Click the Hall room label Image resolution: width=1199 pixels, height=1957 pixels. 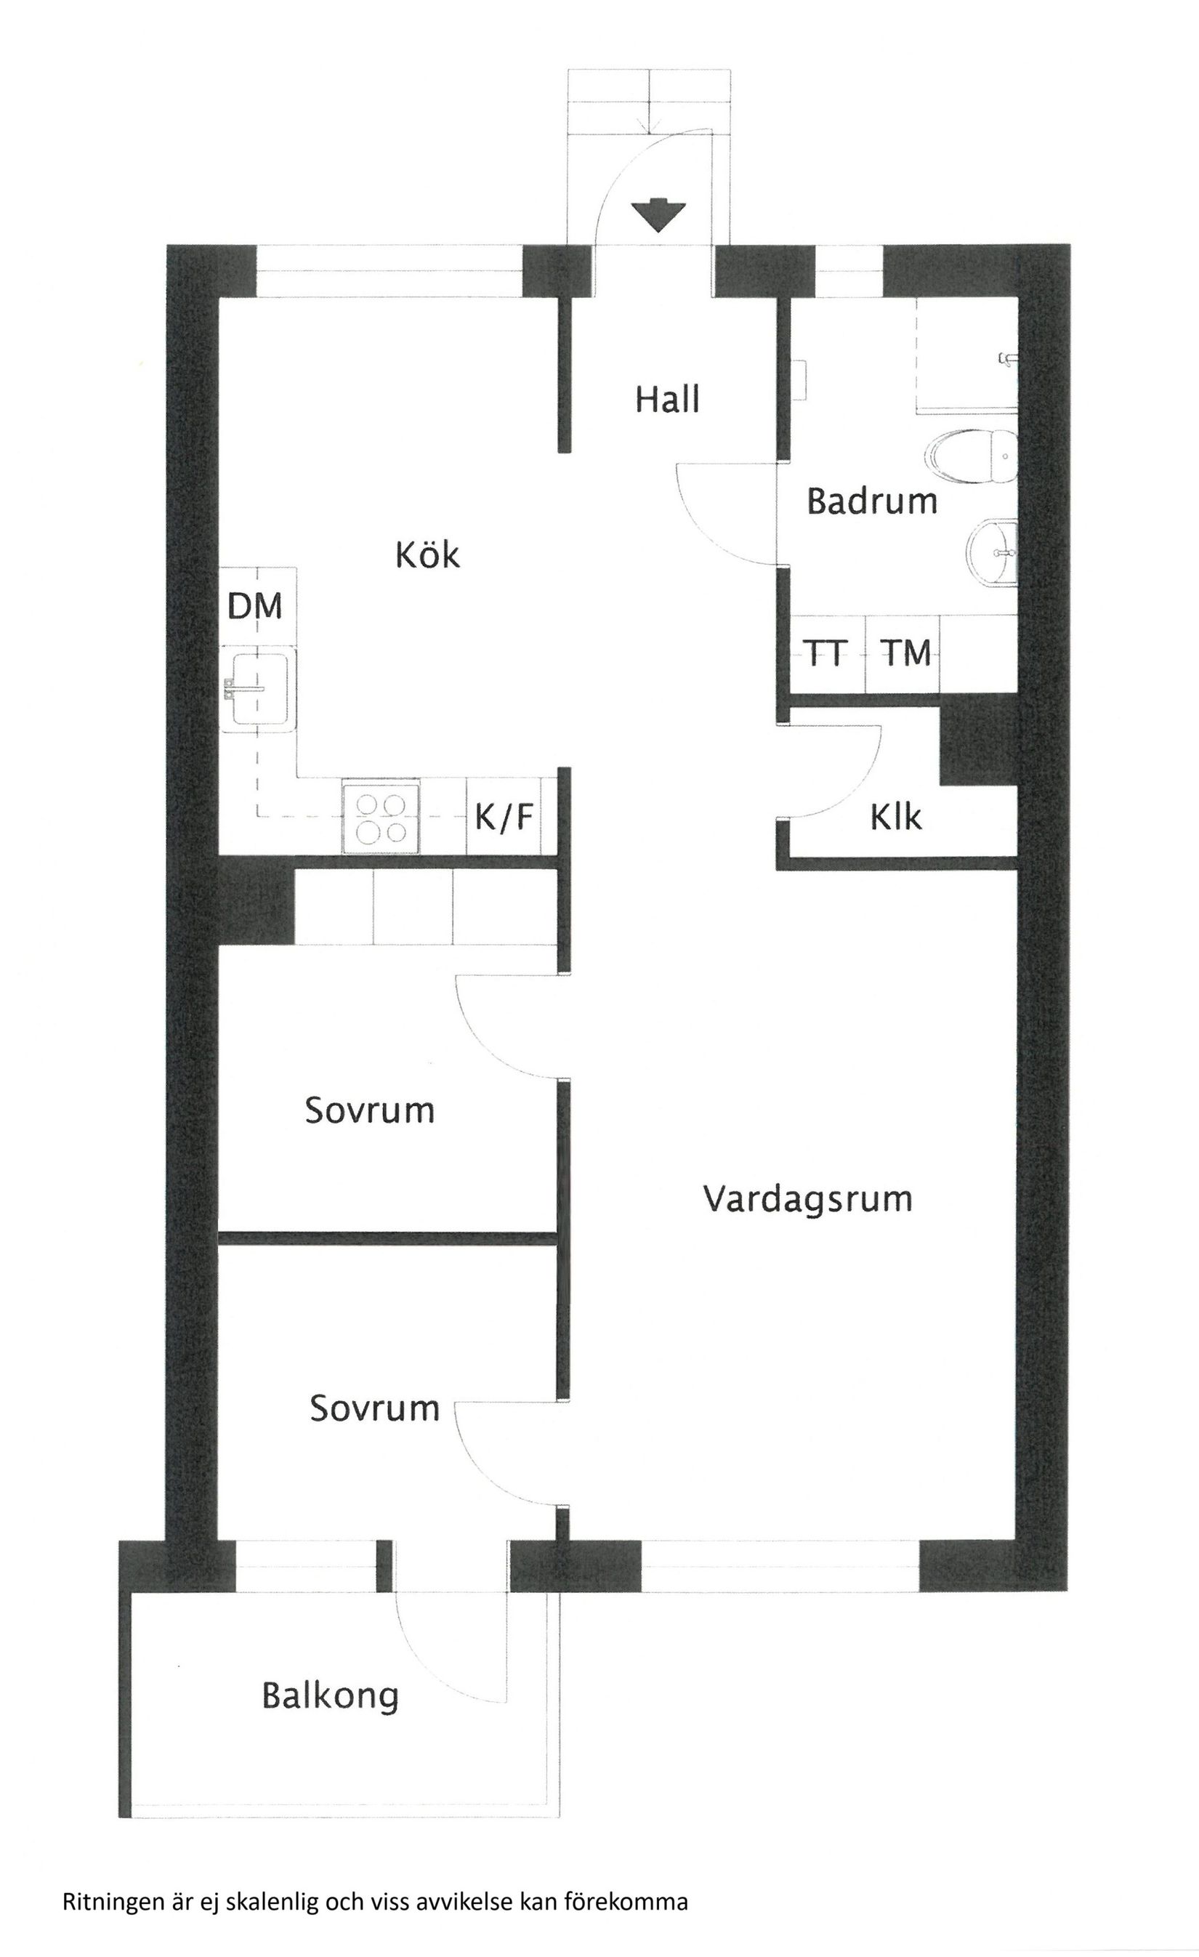pyautogui.click(x=667, y=399)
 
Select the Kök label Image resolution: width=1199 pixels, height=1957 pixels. pyautogui.click(x=427, y=555)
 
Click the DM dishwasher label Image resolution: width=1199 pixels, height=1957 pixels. pyautogui.click(x=255, y=606)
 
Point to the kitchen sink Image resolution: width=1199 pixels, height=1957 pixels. pyautogui.click(x=259, y=687)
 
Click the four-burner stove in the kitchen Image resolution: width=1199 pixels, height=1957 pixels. pyautogui.click(x=380, y=819)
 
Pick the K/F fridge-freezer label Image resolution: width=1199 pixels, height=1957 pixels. pyautogui.click(x=504, y=817)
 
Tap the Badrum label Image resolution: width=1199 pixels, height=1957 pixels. pyautogui.click(x=872, y=502)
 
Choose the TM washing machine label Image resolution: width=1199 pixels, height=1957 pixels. pyautogui.click(x=907, y=653)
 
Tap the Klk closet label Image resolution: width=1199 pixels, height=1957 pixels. pyautogui.click(x=896, y=817)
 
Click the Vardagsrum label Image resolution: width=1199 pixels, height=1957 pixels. pyautogui.click(x=807, y=1198)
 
